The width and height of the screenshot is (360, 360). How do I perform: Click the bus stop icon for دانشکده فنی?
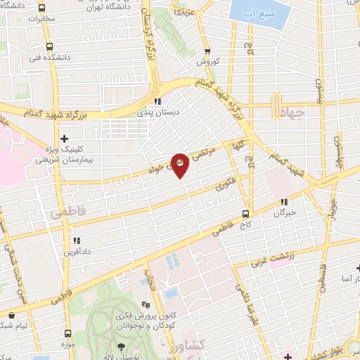click(48, 46)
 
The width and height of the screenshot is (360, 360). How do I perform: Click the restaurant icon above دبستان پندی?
click(159, 101)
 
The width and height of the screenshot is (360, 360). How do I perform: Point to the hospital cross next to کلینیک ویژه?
click(65, 139)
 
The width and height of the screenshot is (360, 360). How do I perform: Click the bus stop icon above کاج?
click(245, 214)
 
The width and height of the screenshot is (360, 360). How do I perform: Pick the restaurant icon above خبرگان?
click(285, 202)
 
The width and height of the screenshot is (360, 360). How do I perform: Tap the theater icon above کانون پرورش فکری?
click(146, 304)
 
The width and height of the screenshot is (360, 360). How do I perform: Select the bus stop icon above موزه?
click(68, 334)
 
